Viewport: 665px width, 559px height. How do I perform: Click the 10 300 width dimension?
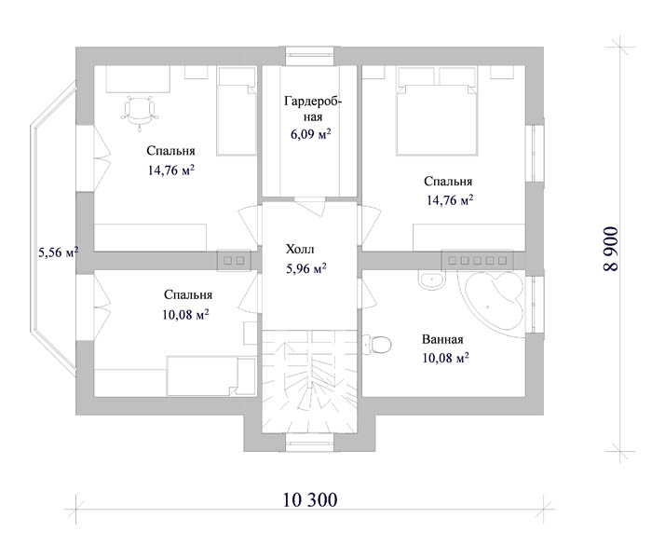point(310,499)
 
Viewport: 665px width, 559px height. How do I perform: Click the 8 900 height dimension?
point(611,249)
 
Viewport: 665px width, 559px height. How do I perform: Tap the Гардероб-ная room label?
point(313,109)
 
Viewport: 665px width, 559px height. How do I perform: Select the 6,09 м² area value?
point(310,134)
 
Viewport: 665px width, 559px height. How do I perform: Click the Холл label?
point(300,249)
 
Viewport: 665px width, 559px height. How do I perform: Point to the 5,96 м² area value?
point(306,268)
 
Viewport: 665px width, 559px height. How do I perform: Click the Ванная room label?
point(442,339)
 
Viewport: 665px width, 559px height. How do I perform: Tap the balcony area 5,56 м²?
point(59,252)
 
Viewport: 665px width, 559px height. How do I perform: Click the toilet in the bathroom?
point(377,345)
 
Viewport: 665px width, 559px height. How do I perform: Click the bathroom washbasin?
point(432,280)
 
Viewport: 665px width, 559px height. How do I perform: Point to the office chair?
point(140,111)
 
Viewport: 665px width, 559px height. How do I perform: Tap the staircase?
point(309,382)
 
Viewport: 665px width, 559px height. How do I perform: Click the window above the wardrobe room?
point(309,56)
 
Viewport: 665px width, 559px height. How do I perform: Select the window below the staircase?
point(309,443)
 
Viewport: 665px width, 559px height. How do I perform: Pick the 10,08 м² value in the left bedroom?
point(185,315)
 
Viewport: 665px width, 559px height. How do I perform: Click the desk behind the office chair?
point(138,79)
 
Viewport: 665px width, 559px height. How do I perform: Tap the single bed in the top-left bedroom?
point(237,111)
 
